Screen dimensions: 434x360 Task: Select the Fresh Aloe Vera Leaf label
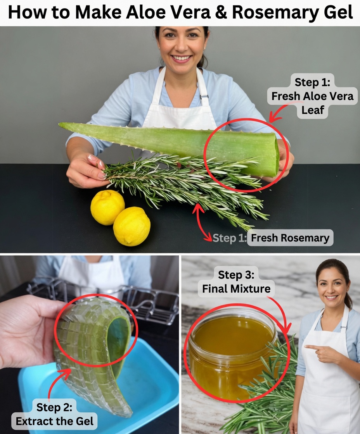pyautogui.click(x=312, y=96)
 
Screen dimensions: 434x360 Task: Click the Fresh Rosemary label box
pyautogui.click(x=290, y=238)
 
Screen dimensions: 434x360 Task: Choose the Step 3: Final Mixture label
pyautogui.click(x=236, y=282)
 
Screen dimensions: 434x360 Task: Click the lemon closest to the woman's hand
pyautogui.click(x=107, y=207)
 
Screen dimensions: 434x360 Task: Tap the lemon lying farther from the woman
pyautogui.click(x=132, y=226)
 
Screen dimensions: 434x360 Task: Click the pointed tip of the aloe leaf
pyautogui.click(x=61, y=125)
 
